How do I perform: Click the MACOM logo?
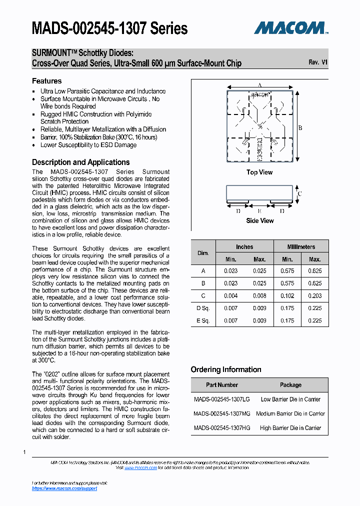290,27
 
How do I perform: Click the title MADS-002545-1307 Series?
109,28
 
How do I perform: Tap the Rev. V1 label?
318,62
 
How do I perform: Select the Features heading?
47,81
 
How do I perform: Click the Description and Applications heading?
80,162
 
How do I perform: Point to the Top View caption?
259,172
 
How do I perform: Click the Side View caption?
259,220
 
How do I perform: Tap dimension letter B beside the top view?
300,128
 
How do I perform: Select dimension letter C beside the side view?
299,193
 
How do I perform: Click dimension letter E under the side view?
259,211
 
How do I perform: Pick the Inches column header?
244,246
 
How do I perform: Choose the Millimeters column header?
301,246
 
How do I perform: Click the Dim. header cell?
203,253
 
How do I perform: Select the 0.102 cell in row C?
287,296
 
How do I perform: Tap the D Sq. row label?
203,308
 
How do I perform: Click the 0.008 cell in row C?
259,296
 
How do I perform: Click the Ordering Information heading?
226,369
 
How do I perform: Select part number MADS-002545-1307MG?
221,413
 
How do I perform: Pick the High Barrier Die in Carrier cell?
290,428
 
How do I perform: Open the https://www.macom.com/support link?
64,488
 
